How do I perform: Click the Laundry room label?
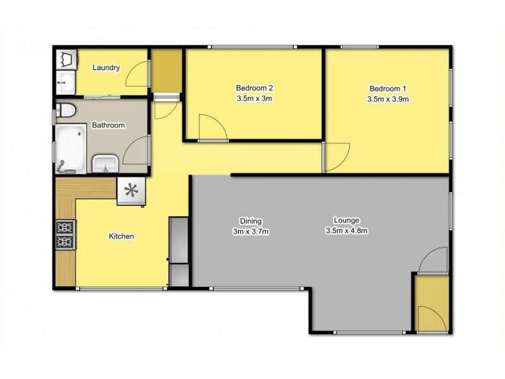tap(106, 68)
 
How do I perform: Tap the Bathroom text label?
tap(109, 126)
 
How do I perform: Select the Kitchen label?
tap(121, 236)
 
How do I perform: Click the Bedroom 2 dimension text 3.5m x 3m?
tap(254, 99)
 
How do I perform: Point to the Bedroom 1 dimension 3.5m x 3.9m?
tap(388, 99)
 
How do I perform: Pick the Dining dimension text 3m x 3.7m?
tap(251, 231)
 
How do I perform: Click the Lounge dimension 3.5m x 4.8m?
tap(347, 231)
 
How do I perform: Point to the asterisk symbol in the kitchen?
tap(131, 190)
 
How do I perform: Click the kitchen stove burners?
tap(65, 234)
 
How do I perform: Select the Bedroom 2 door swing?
tap(213, 128)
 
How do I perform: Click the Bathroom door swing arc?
tap(136, 153)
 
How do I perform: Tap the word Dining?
tap(251, 221)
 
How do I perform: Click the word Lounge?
tap(347, 220)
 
